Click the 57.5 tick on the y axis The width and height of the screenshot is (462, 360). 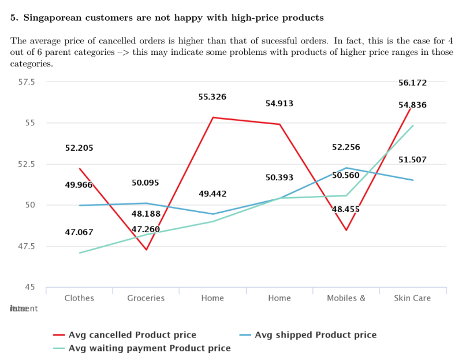[x=25, y=82]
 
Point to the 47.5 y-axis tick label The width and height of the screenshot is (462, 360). [x=25, y=246]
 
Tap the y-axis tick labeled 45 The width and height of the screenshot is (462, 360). [x=29, y=287]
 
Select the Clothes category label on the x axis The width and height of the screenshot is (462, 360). [x=79, y=298]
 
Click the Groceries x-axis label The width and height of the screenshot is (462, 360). [x=146, y=298]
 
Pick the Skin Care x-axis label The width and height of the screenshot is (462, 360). [x=412, y=298]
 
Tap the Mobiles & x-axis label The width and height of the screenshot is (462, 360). [x=346, y=298]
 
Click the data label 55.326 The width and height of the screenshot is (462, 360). [x=212, y=97]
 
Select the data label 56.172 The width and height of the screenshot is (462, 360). [x=412, y=83]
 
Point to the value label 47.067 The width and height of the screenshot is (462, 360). [x=79, y=232]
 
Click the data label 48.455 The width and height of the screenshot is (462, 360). [x=346, y=209]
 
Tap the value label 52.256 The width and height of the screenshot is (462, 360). [x=346, y=147]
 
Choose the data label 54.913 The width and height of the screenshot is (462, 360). [x=279, y=104]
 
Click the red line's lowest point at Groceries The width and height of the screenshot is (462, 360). [x=146, y=250]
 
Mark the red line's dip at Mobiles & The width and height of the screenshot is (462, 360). [x=346, y=230]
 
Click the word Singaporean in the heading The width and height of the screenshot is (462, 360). [x=55, y=17]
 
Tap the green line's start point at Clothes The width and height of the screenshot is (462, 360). [x=80, y=253]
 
